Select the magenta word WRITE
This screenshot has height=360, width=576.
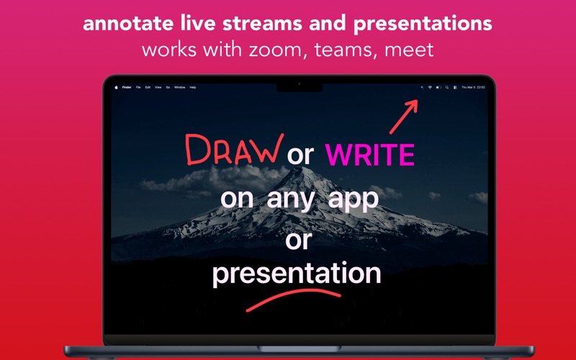[x=370, y=155]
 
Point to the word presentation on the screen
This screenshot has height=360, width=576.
[x=296, y=274]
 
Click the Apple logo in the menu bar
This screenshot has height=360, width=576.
[x=115, y=87]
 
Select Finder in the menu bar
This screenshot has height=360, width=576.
[x=127, y=87]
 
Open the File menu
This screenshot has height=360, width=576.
[x=138, y=87]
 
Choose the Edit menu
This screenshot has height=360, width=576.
[x=148, y=87]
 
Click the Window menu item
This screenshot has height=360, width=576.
[x=179, y=87]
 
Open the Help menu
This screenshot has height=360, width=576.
[x=192, y=87]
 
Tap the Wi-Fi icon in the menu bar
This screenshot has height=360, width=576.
[x=430, y=87]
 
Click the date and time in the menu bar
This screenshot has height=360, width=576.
[x=473, y=87]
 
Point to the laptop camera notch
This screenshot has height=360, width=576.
[x=299, y=85]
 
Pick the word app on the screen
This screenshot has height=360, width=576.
[x=352, y=198]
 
